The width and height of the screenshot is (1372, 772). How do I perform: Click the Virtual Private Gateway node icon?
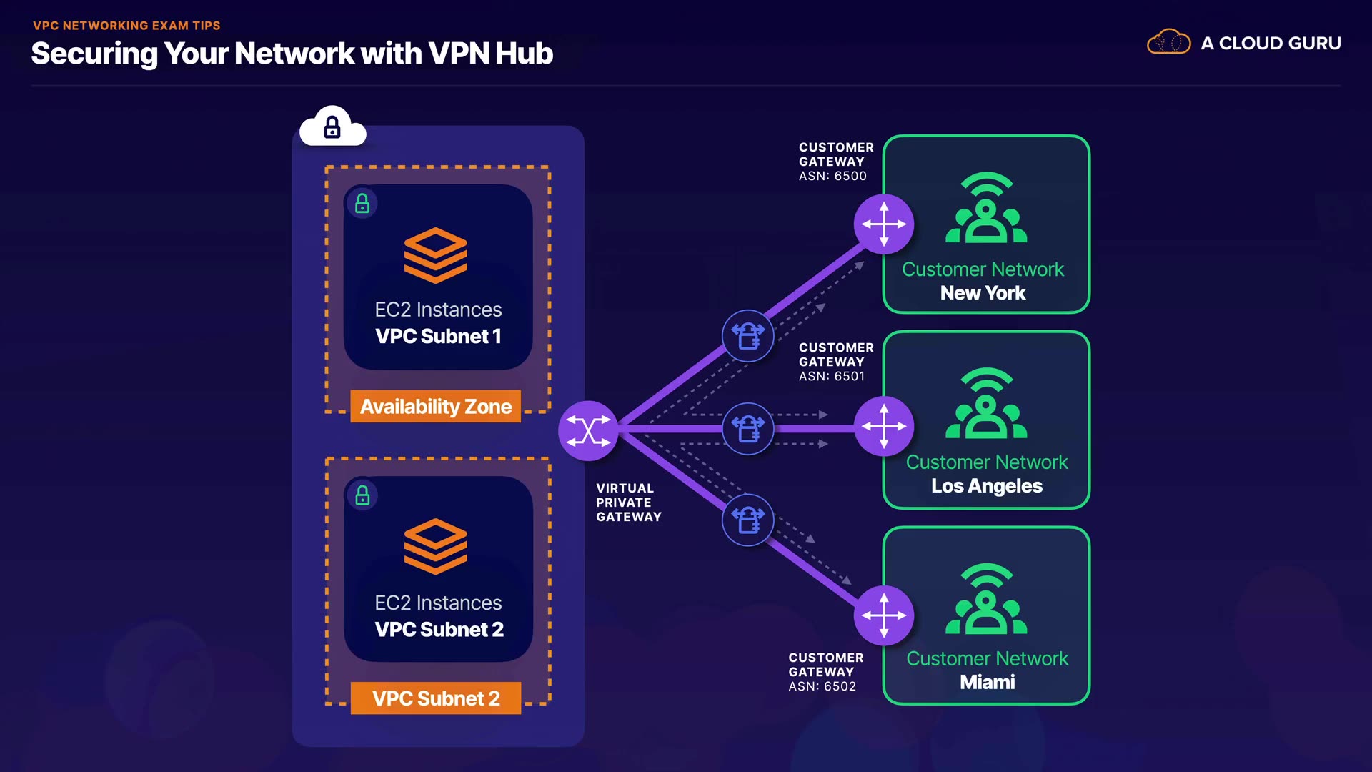tap(588, 430)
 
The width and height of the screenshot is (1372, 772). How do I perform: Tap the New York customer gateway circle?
tap(884, 224)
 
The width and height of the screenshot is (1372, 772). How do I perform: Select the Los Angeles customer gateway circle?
tap(884, 427)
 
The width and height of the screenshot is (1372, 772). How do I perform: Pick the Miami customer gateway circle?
tap(884, 615)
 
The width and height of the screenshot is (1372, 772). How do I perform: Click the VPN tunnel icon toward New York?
tap(748, 335)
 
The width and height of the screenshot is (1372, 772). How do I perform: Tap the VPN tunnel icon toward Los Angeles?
tap(748, 429)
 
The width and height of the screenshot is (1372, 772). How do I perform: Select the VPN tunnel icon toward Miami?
tap(748, 520)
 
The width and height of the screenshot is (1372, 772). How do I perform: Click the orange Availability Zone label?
tap(435, 407)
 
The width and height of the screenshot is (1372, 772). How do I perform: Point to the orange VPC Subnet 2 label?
tap(435, 698)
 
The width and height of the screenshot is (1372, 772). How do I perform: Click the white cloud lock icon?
tap(332, 128)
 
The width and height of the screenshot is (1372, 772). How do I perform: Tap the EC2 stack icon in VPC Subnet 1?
tap(435, 255)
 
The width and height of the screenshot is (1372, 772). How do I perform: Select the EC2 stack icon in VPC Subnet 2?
tap(435, 547)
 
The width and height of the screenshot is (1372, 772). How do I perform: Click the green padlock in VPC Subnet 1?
tap(362, 204)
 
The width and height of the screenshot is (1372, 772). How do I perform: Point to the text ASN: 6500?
tap(832, 176)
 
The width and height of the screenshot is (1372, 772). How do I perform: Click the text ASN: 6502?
tap(822, 686)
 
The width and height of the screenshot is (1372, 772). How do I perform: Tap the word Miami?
tap(987, 682)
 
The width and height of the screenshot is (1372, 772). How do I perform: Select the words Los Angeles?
tap(987, 486)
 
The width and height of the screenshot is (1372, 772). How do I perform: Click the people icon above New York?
tap(986, 209)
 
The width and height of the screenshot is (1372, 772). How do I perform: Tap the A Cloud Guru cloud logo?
tap(1168, 42)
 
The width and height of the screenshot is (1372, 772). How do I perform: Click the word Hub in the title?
tap(524, 54)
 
